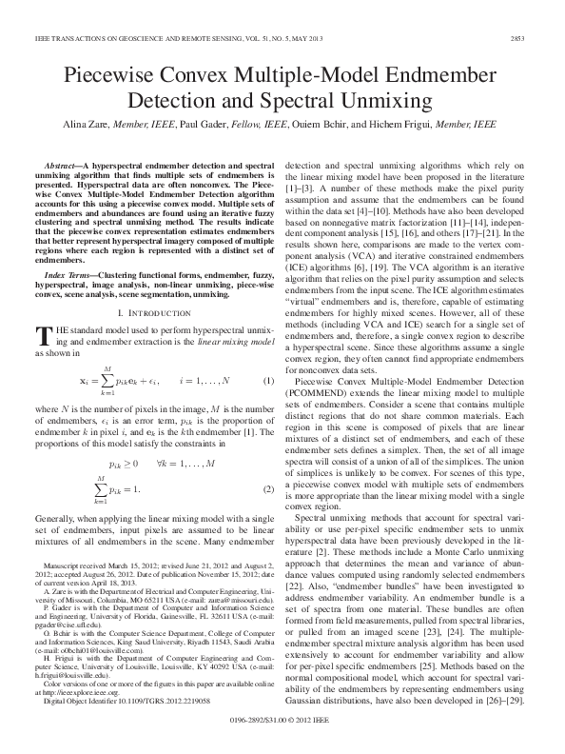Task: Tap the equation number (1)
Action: pos(267,382)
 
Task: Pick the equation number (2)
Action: pos(267,463)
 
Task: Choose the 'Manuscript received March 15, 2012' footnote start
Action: pos(105,565)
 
